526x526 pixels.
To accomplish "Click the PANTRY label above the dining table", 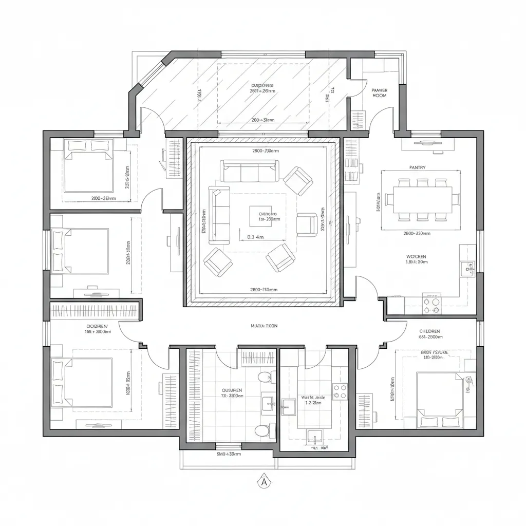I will (x=417, y=167).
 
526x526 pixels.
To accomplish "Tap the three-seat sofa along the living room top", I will (x=250, y=171).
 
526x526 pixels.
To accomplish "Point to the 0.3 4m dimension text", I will (x=255, y=237).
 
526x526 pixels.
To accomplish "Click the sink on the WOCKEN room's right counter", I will (x=467, y=268).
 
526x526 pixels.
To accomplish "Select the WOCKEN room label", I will (x=416, y=256).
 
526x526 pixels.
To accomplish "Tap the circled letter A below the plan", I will (x=264, y=482).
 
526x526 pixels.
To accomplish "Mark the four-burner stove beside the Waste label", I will (x=340, y=391).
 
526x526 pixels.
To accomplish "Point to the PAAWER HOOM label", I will (x=379, y=92).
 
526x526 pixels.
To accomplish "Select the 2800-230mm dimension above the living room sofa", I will (x=266, y=151).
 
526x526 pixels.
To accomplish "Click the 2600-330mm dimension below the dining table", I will (x=417, y=233).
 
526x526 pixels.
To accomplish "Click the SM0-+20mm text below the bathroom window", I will (x=229, y=454).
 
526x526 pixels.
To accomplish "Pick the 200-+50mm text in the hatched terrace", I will (x=263, y=120).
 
